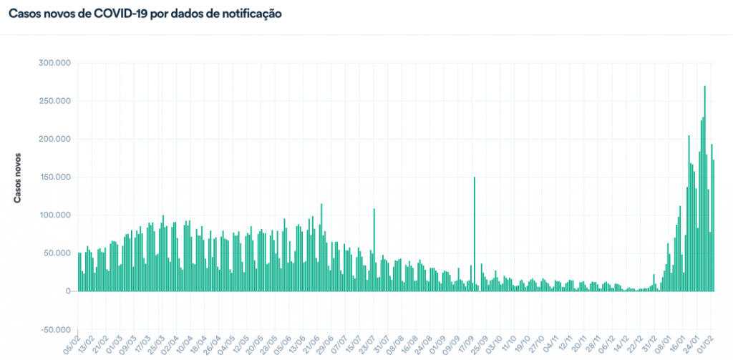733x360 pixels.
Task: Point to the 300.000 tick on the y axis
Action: tap(54, 63)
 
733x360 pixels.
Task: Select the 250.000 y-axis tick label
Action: tap(54, 101)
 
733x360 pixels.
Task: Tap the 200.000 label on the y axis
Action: tap(54, 139)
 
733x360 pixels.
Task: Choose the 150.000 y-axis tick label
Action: tap(54, 177)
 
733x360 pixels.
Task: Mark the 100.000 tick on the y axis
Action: tap(54, 215)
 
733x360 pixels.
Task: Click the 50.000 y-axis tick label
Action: tap(57, 253)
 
